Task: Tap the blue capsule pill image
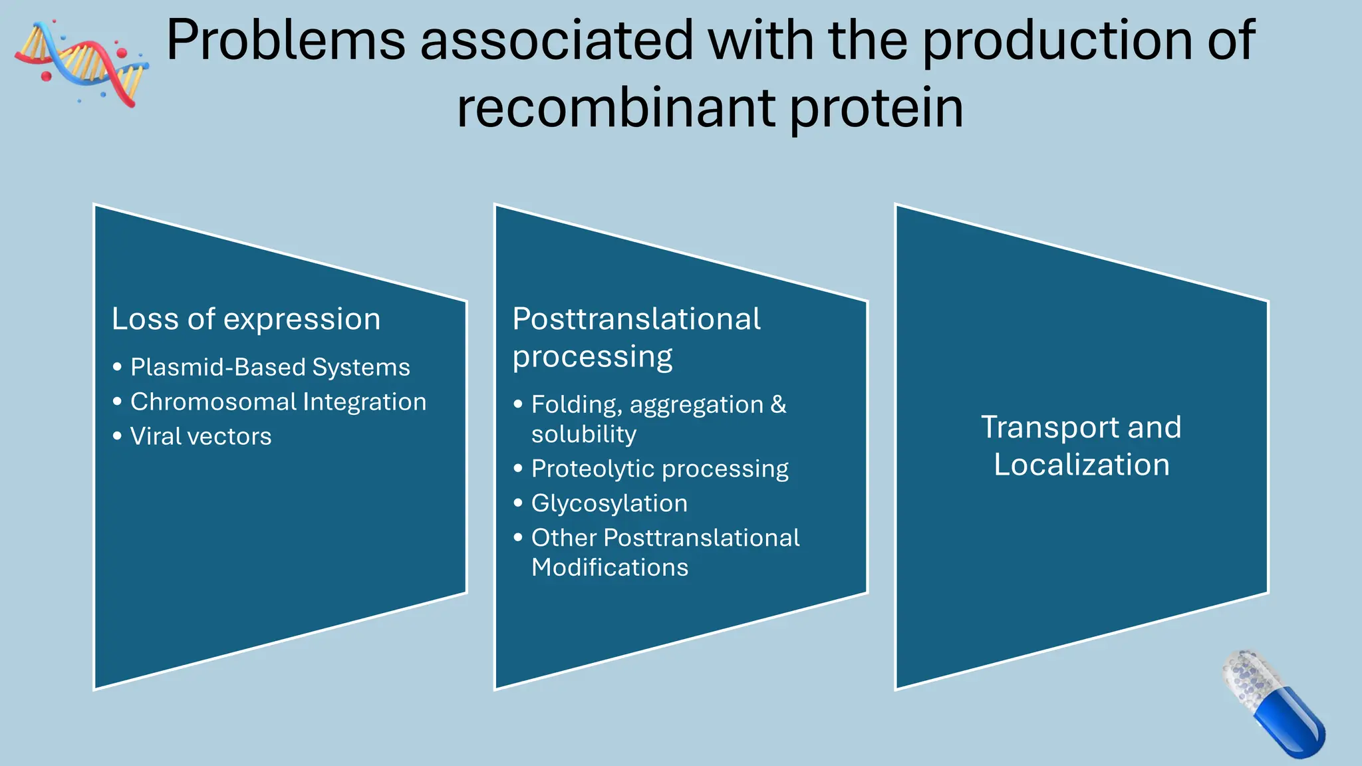[x=1274, y=705]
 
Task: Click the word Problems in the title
[x=285, y=41]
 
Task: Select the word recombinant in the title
[x=616, y=109]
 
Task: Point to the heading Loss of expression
[x=246, y=319]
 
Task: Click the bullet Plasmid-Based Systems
[x=270, y=367]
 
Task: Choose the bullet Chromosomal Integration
[x=278, y=402]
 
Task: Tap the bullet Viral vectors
[x=201, y=437]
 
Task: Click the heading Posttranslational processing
[x=636, y=337]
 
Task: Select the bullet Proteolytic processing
[x=660, y=469]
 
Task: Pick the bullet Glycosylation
[x=609, y=503]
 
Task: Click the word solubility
[x=583, y=435]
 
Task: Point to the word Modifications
[x=610, y=568]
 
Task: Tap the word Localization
[x=1081, y=465]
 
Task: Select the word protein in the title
[x=877, y=109]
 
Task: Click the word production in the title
[x=1056, y=41]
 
